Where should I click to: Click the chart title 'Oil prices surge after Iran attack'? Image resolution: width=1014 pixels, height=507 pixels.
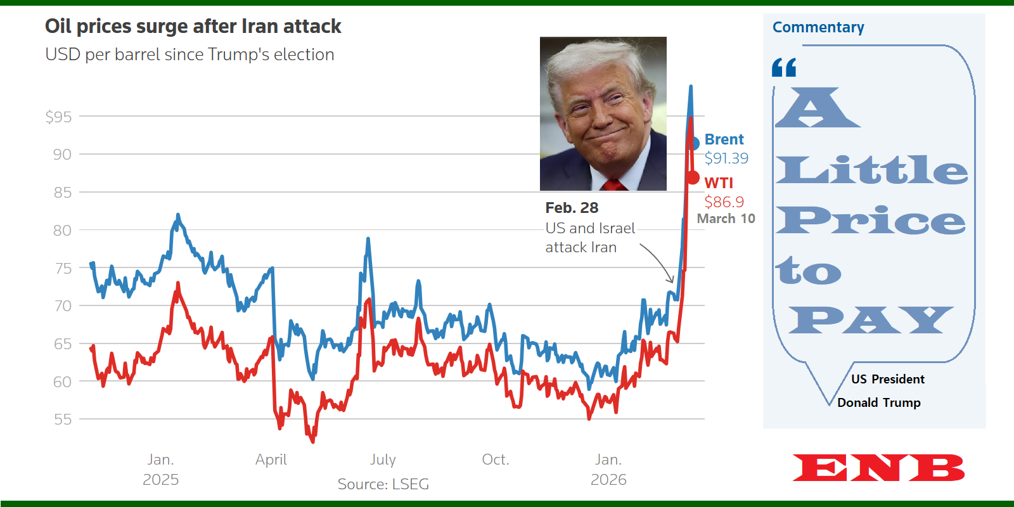point(193,27)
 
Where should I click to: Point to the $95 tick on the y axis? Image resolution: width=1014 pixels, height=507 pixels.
point(58,117)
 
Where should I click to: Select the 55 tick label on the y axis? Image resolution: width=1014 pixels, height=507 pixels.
point(62,420)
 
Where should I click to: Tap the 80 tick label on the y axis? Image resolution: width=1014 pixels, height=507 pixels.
point(62,230)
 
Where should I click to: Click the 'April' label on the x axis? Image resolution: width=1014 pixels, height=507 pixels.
point(271,459)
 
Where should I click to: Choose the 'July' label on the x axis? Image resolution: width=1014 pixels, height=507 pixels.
point(383,459)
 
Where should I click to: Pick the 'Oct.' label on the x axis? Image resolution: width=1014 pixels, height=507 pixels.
point(496,459)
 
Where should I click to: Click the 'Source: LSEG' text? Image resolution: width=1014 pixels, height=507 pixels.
point(383,484)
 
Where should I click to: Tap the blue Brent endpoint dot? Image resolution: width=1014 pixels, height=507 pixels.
point(693,143)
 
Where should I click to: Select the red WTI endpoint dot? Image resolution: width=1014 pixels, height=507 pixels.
point(693,178)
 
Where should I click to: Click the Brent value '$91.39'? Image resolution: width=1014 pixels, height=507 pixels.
point(726,158)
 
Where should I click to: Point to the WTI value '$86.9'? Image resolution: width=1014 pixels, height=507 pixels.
point(724,202)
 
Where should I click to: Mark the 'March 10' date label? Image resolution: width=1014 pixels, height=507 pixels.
point(726,219)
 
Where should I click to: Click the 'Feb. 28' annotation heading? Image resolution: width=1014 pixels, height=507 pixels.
point(572,208)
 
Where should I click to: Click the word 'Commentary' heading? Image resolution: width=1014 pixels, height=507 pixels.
point(818,27)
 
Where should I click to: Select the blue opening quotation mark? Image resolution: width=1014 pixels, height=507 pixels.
point(784,67)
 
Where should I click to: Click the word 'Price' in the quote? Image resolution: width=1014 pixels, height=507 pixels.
point(871,221)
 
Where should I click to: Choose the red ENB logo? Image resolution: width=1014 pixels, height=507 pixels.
point(878,468)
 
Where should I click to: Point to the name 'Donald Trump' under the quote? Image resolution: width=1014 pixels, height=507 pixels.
point(878,402)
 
